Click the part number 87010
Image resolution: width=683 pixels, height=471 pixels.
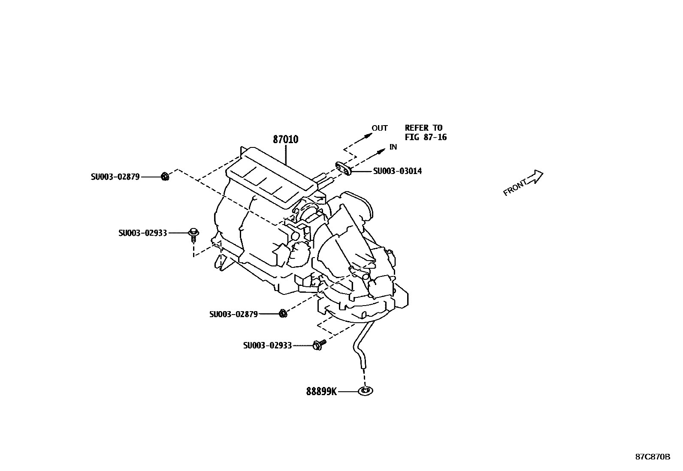coord(285,139)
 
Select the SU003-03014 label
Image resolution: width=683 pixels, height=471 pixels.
coord(397,171)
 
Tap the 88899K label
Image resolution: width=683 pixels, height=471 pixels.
coord(321,391)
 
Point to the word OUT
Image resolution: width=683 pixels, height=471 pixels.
coord(379,128)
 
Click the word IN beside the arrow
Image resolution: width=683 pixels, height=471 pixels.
coord(393,147)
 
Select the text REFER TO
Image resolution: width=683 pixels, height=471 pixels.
coord(423,128)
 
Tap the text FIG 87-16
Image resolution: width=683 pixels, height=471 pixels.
coord(426,137)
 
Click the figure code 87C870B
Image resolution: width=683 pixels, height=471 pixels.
coord(652,457)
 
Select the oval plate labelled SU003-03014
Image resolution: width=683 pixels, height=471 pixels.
coord(344,168)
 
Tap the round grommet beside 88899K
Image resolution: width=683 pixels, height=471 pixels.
coord(365,391)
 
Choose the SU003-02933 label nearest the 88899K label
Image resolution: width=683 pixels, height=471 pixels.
coord(267,345)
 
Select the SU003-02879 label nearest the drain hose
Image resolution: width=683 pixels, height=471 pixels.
coord(233,314)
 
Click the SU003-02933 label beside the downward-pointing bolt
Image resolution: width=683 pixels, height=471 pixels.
coord(142,233)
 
